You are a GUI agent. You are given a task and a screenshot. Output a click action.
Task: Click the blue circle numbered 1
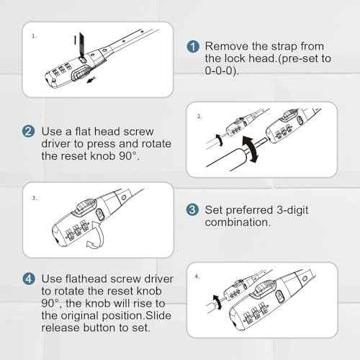point(193,46)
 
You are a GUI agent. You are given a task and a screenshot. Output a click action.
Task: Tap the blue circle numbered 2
point(28,131)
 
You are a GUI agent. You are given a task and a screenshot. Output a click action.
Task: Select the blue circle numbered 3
point(192,210)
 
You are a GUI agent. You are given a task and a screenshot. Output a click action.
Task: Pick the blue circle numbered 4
point(29,279)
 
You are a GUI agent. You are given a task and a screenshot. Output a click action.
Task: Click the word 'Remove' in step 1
point(227,46)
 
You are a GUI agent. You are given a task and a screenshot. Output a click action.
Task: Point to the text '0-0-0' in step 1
point(220,71)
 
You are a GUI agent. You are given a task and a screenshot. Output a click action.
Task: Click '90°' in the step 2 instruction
point(128,156)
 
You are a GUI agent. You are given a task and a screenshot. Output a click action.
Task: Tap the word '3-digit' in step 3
point(292,210)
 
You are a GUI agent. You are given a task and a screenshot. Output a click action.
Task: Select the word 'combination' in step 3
point(236,222)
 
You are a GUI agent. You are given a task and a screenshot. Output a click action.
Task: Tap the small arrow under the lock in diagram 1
point(91,80)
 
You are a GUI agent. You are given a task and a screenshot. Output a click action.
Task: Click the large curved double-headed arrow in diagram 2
point(251,148)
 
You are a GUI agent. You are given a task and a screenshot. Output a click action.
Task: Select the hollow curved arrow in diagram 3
point(96,235)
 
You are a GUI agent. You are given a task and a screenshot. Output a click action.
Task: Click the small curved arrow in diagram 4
point(217,302)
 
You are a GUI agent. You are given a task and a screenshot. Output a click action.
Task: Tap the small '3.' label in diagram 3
point(35,198)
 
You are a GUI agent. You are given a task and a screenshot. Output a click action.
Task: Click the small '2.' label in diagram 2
point(199,117)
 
